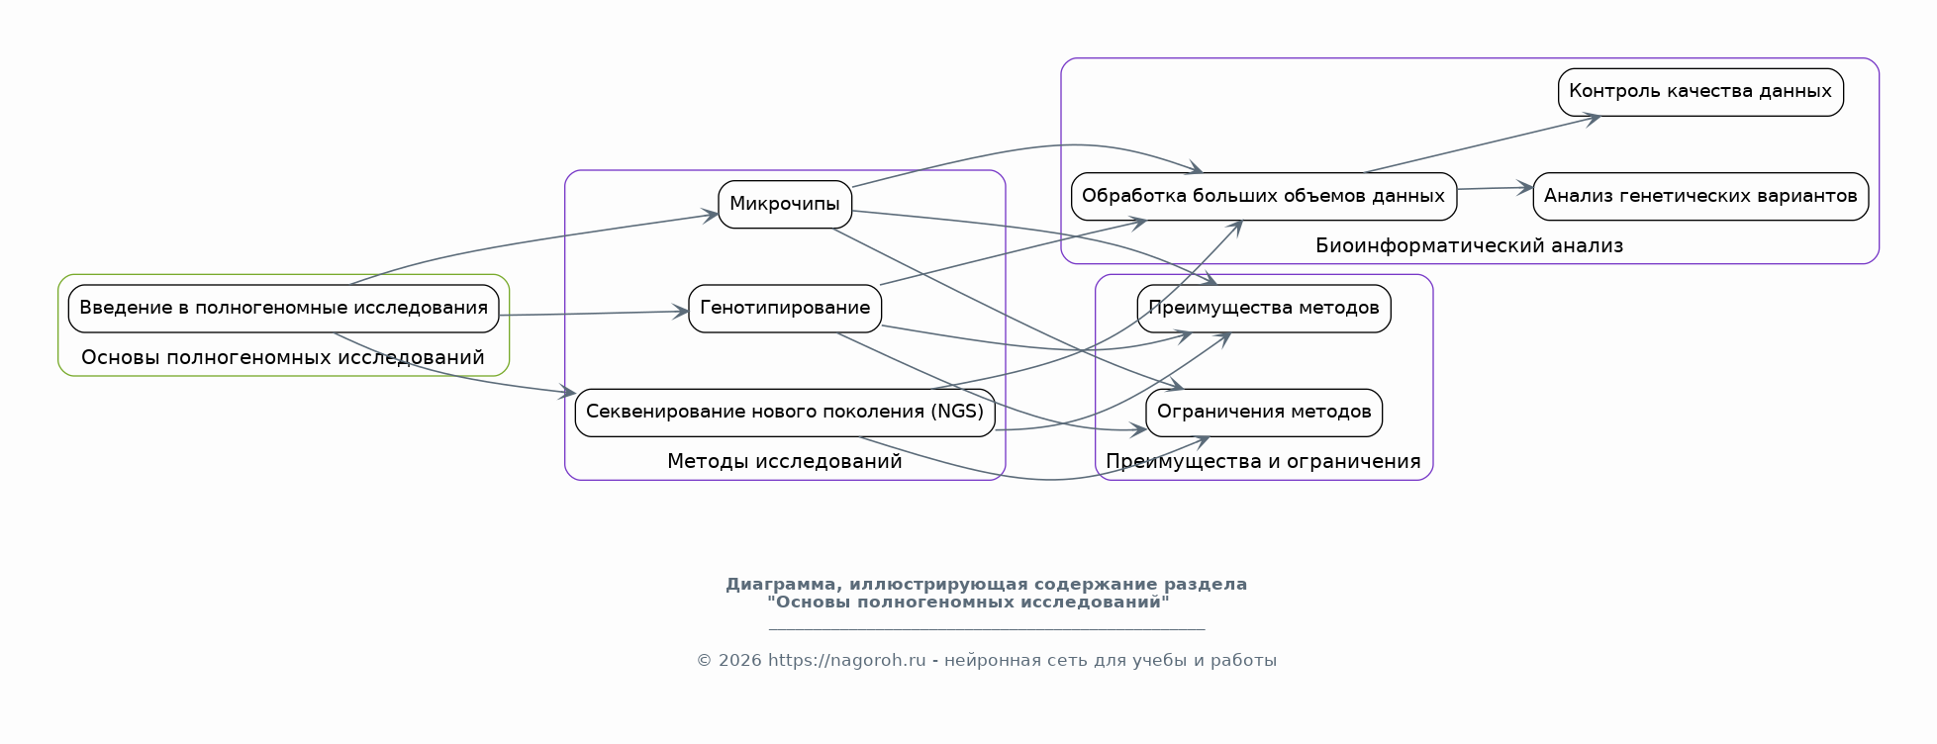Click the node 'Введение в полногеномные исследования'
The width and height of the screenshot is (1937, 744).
pos(283,308)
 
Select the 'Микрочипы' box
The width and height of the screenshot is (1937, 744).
pos(784,204)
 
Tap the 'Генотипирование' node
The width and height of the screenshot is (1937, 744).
pos(784,308)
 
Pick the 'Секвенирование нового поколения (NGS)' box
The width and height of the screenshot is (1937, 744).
pos(784,412)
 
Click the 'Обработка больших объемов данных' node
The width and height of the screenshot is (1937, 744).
pos(1263,196)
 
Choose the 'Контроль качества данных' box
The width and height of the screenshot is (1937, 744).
pos(1699,91)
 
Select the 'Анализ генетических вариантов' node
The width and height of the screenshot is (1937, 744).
pos(1699,196)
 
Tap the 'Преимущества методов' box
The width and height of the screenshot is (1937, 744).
pos(1263,308)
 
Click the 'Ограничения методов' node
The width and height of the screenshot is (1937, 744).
pos(1263,412)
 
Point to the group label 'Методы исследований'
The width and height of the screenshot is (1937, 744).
pos(784,461)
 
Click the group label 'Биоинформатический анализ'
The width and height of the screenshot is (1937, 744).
pos(1469,245)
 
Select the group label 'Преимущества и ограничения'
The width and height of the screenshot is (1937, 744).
pos(1263,461)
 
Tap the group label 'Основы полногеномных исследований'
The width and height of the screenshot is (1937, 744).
pos(283,357)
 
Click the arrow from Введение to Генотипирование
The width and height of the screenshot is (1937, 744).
pos(594,314)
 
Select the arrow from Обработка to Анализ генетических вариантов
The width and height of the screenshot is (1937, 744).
pos(1495,188)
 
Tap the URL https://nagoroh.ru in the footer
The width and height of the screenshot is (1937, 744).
pos(846,660)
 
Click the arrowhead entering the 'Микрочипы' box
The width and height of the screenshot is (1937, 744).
pos(711,215)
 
